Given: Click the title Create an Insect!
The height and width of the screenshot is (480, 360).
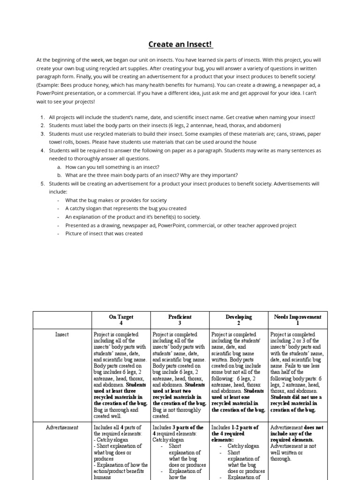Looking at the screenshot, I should pyautogui.click(x=180, y=45).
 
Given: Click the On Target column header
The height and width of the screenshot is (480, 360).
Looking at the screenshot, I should pyautogui.click(x=121, y=320).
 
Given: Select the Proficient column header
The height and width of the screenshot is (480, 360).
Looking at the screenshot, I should pyautogui.click(x=180, y=320).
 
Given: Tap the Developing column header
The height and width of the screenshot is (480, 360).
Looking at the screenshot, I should pyautogui.click(x=239, y=320).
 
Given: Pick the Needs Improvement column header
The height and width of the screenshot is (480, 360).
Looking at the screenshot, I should pyautogui.click(x=298, y=320).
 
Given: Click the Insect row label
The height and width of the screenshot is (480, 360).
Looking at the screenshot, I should pyautogui.click(x=62, y=334).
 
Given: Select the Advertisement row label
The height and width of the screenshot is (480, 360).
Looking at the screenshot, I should pyautogui.click(x=62, y=427).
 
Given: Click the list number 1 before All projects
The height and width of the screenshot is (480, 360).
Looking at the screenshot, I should pyautogui.click(x=42, y=117).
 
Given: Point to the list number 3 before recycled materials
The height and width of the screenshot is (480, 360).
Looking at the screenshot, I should pyautogui.click(x=42, y=134).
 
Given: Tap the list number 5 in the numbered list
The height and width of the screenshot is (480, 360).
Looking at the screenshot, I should pyautogui.click(x=42, y=183).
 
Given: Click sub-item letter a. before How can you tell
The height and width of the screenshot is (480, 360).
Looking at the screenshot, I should pyautogui.click(x=59, y=167).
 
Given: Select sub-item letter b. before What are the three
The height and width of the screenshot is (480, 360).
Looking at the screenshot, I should pyautogui.click(x=59, y=175).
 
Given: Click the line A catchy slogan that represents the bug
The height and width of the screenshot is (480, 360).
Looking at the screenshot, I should pyautogui.click(x=126, y=208).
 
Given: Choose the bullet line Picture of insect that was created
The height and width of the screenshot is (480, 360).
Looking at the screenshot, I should pyautogui.click(x=104, y=233).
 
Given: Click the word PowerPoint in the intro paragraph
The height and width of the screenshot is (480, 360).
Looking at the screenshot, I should pyautogui.click(x=53, y=93).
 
